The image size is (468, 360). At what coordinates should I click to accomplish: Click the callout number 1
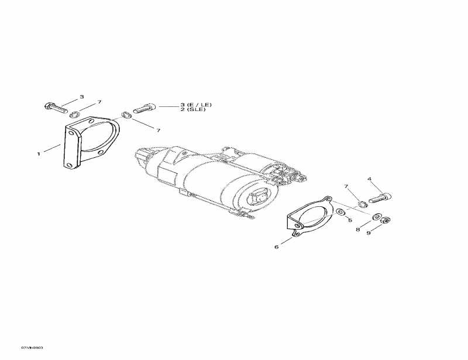pos(39,154)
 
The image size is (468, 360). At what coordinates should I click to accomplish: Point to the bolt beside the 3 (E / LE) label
pos(144,108)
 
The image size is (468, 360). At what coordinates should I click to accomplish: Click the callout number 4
pos(369,178)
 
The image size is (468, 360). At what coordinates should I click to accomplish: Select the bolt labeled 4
pos(381,197)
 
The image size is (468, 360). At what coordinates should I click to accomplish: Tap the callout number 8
pos(357,229)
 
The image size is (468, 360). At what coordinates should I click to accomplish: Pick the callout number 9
pos(369,233)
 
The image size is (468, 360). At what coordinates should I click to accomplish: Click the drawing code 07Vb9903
pos(32,347)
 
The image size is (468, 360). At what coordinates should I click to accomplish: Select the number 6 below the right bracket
pos(276,247)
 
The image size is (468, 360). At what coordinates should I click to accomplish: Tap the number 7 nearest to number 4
pos(345,186)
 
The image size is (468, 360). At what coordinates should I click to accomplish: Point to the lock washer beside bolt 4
pos(362,203)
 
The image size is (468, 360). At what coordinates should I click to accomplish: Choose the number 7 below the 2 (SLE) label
pos(158,130)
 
